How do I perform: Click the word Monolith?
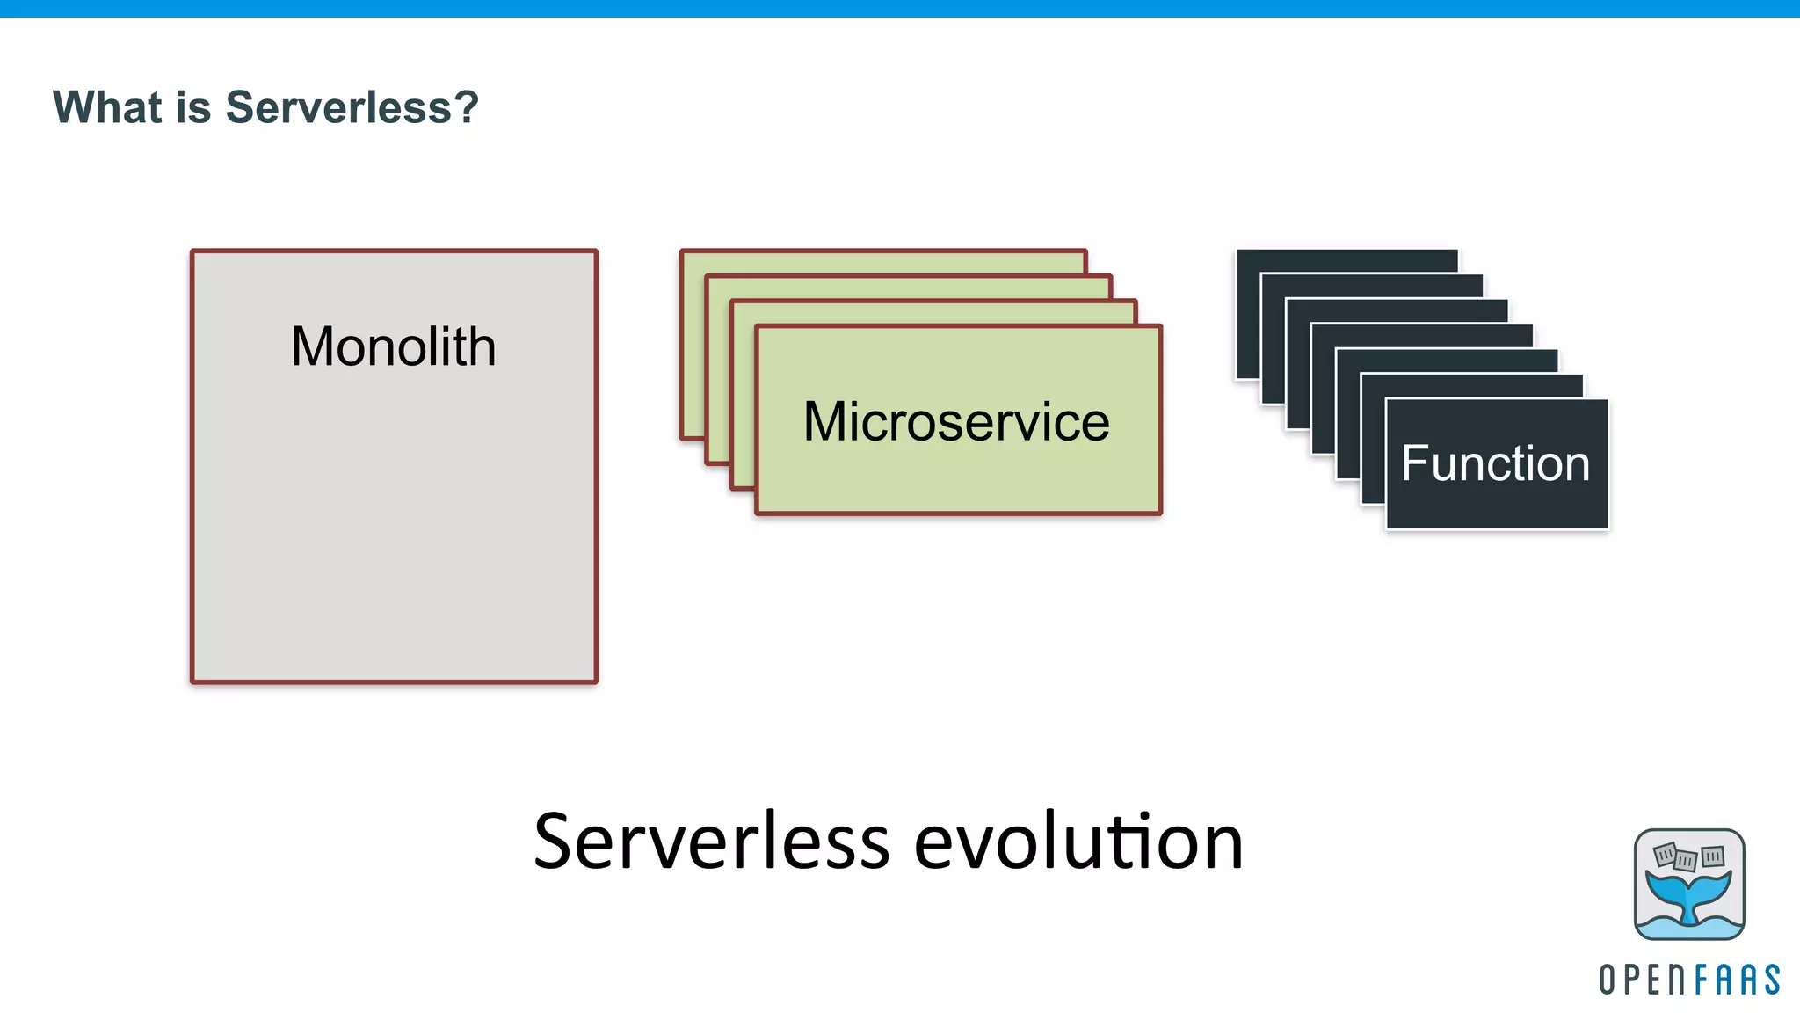pos(393,346)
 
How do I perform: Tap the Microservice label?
pos(956,421)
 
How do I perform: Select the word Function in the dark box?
pos(1495,463)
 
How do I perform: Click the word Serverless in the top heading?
pos(338,107)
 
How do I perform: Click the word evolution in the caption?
pos(1078,842)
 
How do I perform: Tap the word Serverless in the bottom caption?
pos(712,842)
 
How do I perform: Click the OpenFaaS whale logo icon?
pos(1688,884)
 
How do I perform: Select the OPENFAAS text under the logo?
pos(1688,980)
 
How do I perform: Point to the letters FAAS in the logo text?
pos(1736,980)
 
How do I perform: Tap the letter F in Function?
pos(1412,463)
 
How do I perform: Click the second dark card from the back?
pos(1372,286)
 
